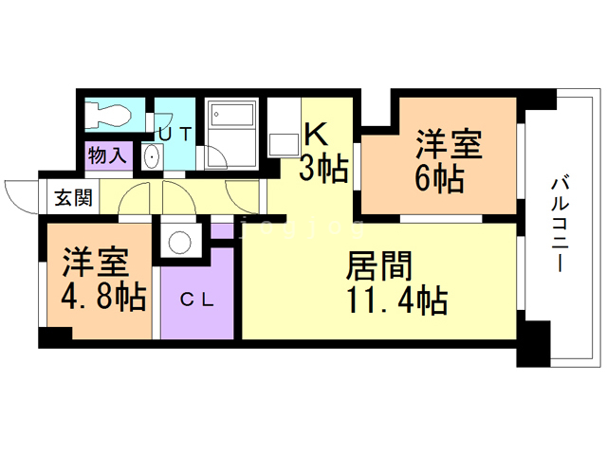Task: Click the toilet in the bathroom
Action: click(x=108, y=114)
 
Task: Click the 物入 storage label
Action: click(x=106, y=154)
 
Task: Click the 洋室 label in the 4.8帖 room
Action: click(x=95, y=260)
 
